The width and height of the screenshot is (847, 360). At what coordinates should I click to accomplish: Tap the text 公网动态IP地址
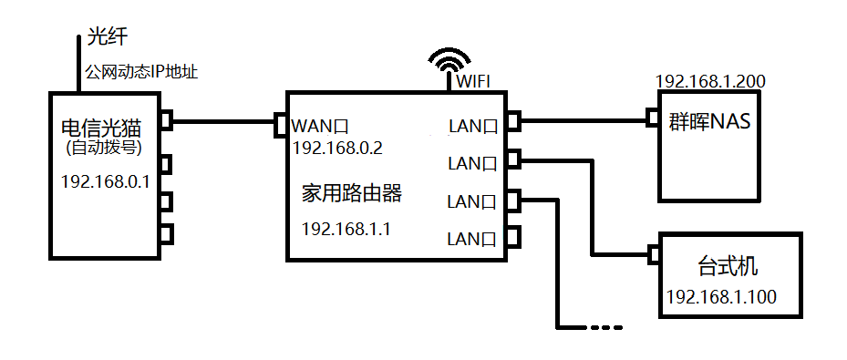[x=141, y=70]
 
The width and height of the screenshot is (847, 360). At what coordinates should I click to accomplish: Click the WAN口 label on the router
[x=321, y=126]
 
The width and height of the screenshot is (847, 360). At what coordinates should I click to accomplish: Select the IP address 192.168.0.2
[x=337, y=148]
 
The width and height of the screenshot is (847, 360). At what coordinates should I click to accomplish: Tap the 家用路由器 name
[x=351, y=193]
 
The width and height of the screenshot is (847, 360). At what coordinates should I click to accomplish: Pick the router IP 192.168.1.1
[x=346, y=229]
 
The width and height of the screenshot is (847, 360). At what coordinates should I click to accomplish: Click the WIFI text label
[x=473, y=81]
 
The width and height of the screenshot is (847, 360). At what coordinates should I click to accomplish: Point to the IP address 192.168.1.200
[x=709, y=81]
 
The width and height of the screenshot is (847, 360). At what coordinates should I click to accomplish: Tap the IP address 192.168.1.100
[x=721, y=297]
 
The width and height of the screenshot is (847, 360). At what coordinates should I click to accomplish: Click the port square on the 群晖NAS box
[x=652, y=118]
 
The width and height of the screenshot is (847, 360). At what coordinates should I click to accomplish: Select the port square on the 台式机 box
[x=652, y=253]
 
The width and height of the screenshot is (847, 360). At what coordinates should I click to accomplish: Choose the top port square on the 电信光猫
[x=165, y=119]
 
